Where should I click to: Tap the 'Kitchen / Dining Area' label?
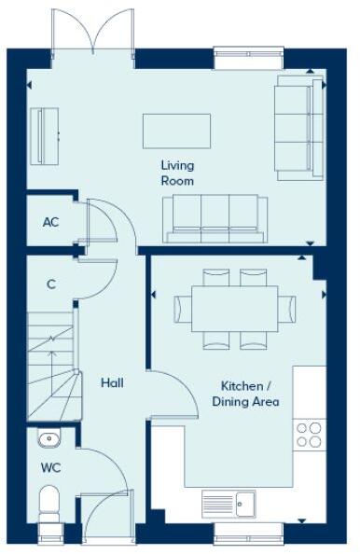(x=250, y=394)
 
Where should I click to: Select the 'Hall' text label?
(x=112, y=382)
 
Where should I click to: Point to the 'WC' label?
(x=49, y=465)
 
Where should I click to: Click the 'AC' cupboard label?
(x=51, y=223)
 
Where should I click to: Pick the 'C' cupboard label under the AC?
(x=51, y=284)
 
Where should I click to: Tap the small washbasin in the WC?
(x=49, y=439)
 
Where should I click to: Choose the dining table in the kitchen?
(x=236, y=309)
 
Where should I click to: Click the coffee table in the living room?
(x=175, y=131)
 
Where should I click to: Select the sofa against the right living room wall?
(x=293, y=127)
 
